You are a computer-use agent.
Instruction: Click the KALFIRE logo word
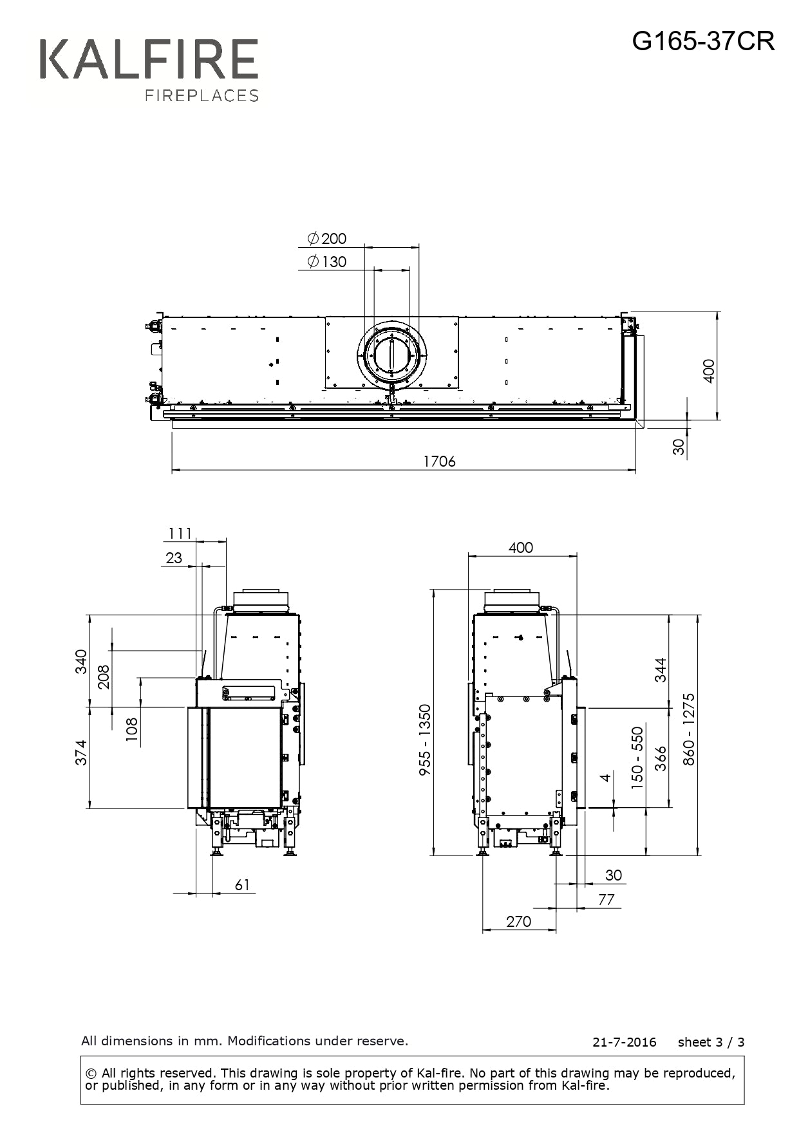click(149, 59)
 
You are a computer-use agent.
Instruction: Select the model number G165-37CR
click(703, 41)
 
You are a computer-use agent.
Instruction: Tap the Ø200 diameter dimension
click(327, 239)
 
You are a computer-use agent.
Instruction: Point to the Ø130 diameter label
click(327, 262)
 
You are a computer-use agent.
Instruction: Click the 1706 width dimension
click(439, 462)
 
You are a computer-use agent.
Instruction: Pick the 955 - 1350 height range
click(425, 740)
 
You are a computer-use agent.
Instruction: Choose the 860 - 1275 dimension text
click(689, 729)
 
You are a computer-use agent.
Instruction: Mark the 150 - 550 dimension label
click(637, 758)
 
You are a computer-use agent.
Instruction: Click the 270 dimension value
click(518, 921)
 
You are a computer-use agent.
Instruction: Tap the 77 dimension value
click(606, 899)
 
